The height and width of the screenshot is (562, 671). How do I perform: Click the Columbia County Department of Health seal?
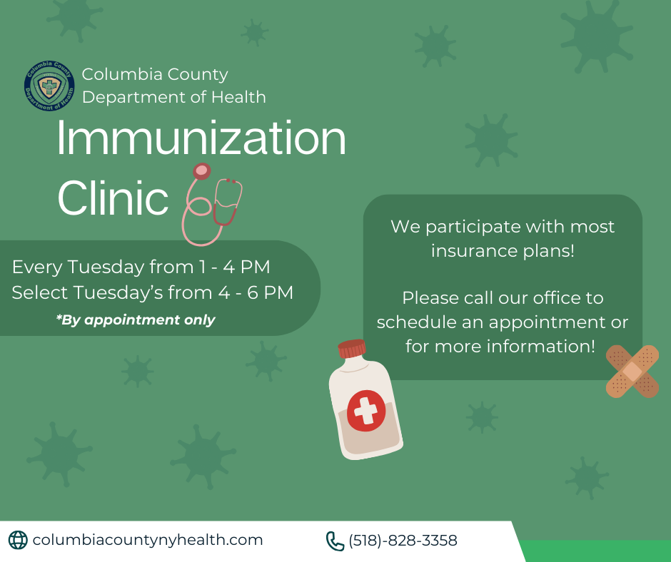(x=49, y=86)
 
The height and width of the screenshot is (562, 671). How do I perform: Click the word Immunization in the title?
(x=201, y=138)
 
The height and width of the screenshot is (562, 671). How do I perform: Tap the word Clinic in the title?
(x=113, y=198)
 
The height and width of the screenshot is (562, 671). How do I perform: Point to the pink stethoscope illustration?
(x=212, y=205)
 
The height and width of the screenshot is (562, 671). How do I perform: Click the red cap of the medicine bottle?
(x=352, y=348)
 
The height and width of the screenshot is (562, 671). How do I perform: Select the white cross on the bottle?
(x=366, y=411)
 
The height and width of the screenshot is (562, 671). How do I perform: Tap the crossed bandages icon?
(x=632, y=372)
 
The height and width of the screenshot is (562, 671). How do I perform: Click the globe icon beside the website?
(x=18, y=540)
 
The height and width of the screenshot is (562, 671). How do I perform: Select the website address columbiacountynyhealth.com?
(x=148, y=540)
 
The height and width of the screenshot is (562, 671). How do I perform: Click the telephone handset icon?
(x=335, y=541)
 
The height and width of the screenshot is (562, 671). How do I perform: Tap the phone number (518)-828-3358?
(x=403, y=541)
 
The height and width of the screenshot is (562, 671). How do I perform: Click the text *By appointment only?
(x=136, y=320)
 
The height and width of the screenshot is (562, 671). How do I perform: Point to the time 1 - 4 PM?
(x=235, y=267)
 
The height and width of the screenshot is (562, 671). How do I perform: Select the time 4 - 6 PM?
(x=256, y=292)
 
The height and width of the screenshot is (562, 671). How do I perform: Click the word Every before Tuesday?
(x=37, y=267)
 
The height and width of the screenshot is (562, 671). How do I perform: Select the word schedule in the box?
(x=416, y=322)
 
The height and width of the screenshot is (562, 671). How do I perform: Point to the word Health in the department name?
(x=239, y=97)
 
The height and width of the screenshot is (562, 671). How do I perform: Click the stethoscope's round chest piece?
(x=201, y=171)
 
